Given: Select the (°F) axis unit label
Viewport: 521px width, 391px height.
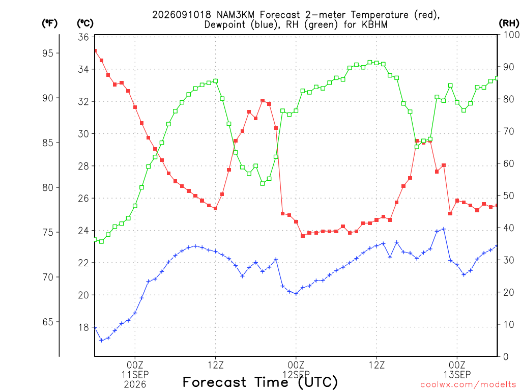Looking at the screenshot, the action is (x=49, y=23).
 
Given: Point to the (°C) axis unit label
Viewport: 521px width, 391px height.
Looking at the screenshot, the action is (x=85, y=23).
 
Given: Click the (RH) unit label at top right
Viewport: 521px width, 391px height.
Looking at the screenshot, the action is (x=509, y=23).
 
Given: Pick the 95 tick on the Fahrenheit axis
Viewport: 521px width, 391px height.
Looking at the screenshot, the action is (x=47, y=53).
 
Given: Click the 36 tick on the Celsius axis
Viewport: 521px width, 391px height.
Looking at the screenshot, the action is (x=83, y=37).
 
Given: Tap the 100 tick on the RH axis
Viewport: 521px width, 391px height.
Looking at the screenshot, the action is (x=511, y=35).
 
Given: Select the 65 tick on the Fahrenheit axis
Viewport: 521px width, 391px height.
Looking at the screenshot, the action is (x=47, y=322).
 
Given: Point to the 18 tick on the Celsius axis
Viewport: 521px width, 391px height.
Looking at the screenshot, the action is (x=83, y=327).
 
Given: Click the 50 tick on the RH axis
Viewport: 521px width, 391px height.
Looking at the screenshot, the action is (x=508, y=196).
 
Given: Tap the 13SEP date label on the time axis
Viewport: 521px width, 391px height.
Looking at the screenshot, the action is (x=457, y=375).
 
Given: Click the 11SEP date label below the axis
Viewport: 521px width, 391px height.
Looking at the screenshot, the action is (x=135, y=375).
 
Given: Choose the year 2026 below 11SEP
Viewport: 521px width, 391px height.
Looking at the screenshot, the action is (x=135, y=385).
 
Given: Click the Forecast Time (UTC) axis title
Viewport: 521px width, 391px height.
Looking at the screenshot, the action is (x=260, y=382).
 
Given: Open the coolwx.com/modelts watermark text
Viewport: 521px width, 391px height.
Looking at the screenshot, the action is (x=468, y=385).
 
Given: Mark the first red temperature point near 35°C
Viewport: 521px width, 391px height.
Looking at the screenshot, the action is (x=95, y=51).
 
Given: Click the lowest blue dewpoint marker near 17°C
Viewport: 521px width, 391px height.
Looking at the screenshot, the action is (x=101, y=340).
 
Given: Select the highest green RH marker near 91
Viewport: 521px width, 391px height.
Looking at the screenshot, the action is (x=370, y=62).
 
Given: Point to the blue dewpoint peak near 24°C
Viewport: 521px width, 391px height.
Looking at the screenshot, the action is (x=444, y=229).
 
